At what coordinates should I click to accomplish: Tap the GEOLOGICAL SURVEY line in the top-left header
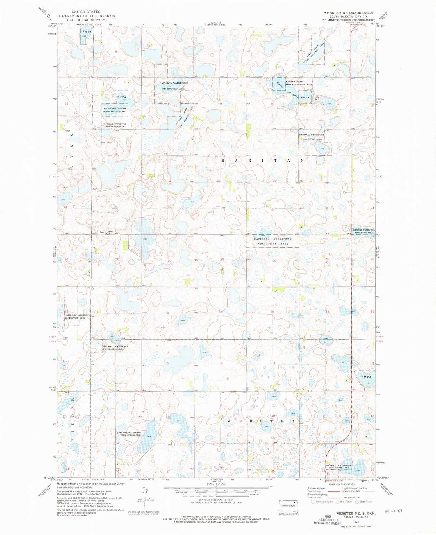coord(86,20)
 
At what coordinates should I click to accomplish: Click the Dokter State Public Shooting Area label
coord(299,83)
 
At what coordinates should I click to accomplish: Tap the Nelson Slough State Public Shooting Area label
coord(115,110)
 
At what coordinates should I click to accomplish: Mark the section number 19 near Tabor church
coord(117,211)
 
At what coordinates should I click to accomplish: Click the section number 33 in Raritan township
coord(220,312)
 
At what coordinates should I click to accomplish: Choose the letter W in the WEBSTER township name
coord(229,421)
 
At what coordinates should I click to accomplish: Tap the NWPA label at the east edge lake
coord(366,377)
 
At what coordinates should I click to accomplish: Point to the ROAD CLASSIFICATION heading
coord(338,484)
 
